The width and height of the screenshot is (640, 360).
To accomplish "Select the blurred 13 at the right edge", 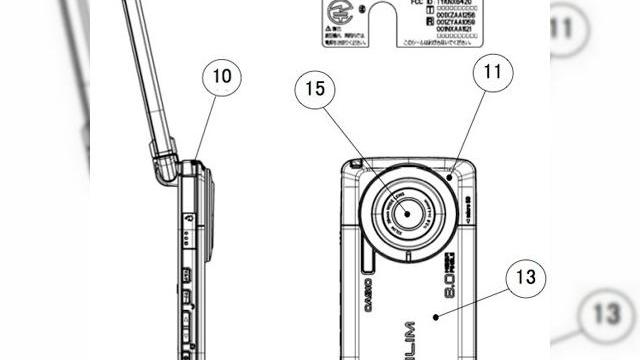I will click(x=609, y=313).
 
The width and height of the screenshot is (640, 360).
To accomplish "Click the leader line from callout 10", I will click(x=205, y=125).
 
